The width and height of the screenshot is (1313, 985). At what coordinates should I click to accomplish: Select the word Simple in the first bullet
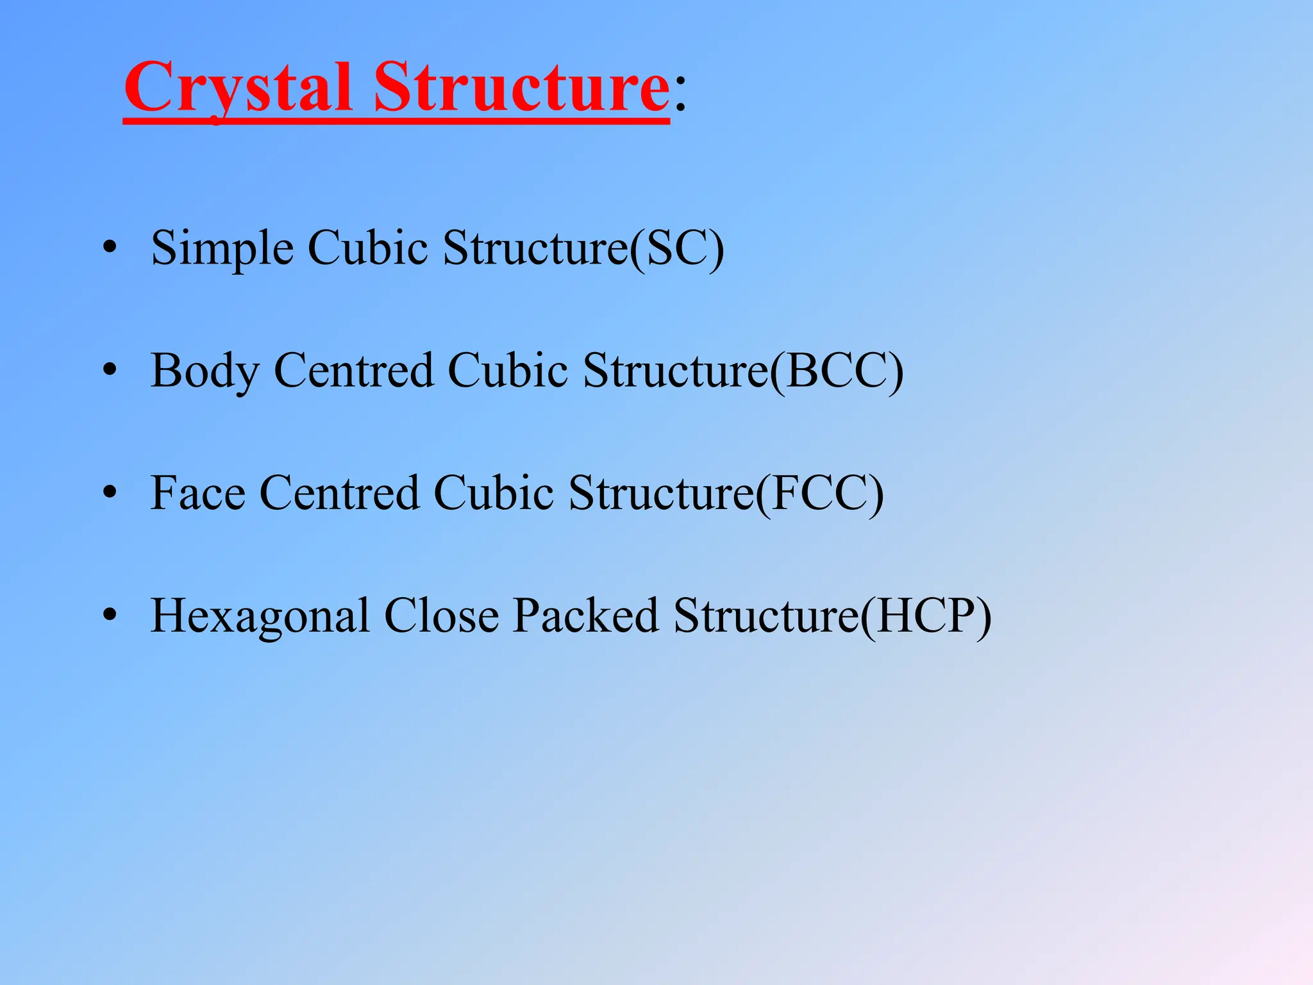tap(222, 248)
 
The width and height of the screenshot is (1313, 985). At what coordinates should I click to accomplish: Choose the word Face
tap(197, 493)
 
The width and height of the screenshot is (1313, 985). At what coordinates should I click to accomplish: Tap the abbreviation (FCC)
tap(819, 493)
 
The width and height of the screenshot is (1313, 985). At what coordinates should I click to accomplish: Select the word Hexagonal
tap(260, 616)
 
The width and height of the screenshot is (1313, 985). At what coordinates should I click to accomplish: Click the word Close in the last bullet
tap(441, 616)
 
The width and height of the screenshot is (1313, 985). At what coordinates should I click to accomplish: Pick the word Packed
tap(585, 616)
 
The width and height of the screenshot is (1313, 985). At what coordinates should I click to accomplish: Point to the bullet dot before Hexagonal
tap(110, 615)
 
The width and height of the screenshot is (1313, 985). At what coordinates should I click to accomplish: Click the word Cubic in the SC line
tap(368, 248)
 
